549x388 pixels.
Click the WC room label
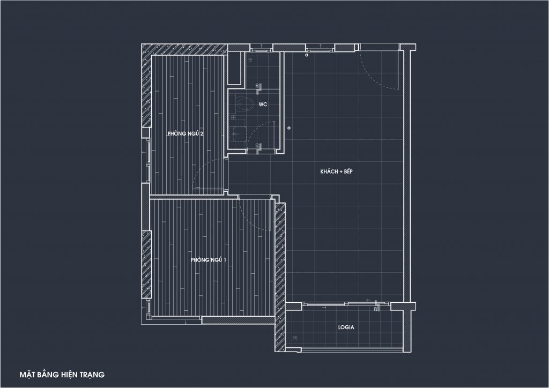coord(263,105)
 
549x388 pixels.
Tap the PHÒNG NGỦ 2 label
coord(186,133)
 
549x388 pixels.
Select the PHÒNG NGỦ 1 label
coord(209,259)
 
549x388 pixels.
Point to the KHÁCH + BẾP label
coord(337,171)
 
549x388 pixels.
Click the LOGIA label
coord(346,327)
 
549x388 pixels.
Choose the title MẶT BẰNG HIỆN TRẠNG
coord(62,375)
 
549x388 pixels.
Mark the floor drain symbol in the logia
coord(295,338)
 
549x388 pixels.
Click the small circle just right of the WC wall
coord(289,128)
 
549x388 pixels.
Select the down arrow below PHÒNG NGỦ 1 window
coord(186,322)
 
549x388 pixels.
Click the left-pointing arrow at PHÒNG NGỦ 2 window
coord(143,152)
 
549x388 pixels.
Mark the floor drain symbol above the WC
coord(250,60)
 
